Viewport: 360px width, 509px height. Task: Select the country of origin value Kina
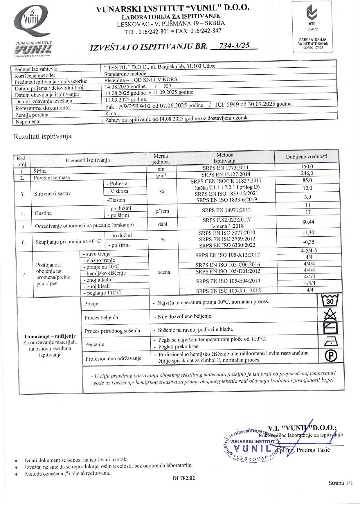pyautogui.click(x=111, y=114)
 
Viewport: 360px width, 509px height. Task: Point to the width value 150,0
pyautogui.click(x=307, y=167)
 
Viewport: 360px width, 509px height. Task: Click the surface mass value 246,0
pyautogui.click(x=307, y=173)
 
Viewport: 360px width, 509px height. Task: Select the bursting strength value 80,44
pyautogui.click(x=308, y=222)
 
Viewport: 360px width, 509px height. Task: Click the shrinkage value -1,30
pyautogui.click(x=308, y=233)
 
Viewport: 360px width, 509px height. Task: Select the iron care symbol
pyautogui.click(x=330, y=343)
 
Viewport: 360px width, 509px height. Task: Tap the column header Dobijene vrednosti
pyautogui.click(x=306, y=157)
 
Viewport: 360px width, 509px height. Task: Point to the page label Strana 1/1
pyautogui.click(x=341, y=483)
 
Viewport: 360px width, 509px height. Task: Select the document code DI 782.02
pyautogui.click(x=184, y=478)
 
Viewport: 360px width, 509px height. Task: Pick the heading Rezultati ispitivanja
pyautogui.click(x=43, y=136)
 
